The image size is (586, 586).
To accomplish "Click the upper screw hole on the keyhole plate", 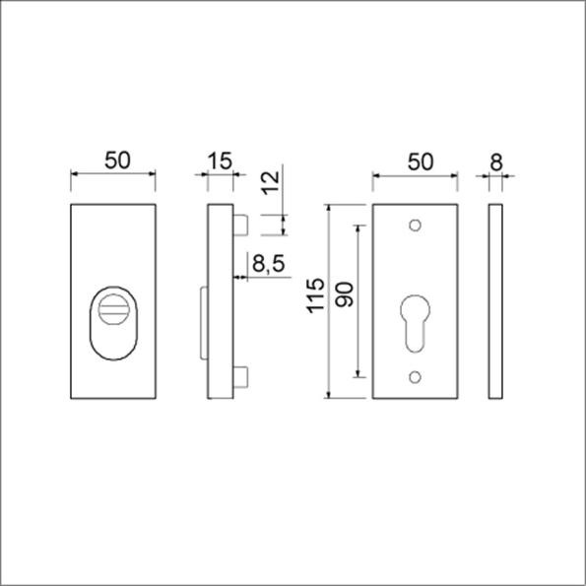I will [415, 226].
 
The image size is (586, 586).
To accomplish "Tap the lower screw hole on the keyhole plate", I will [415, 375].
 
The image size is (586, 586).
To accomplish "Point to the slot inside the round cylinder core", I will [114, 311].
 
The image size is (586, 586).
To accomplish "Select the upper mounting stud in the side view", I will [241, 225].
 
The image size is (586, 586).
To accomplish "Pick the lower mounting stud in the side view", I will [241, 378].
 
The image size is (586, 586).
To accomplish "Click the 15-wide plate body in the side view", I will [223, 301].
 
